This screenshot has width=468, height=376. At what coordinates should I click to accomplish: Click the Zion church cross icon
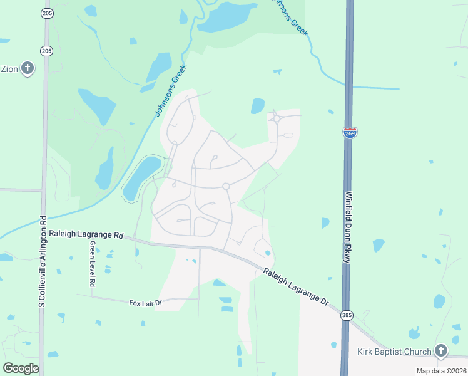tap(27, 68)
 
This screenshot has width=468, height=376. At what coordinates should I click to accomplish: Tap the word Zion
tap(9, 68)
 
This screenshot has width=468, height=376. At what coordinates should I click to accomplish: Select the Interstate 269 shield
tap(350, 133)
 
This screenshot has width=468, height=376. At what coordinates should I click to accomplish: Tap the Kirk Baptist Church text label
tap(394, 352)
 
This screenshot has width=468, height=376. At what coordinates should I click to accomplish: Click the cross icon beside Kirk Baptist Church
tap(441, 351)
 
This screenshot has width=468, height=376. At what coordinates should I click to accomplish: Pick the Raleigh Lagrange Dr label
tap(295, 286)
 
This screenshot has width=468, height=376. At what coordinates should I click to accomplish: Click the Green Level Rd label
tap(92, 263)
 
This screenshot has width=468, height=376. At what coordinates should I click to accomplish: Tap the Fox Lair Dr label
tap(145, 303)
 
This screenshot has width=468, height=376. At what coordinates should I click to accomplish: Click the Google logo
tap(21, 368)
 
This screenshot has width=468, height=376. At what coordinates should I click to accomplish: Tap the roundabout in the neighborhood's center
tap(226, 186)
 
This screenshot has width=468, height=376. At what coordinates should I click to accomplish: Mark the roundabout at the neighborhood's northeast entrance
tap(276, 117)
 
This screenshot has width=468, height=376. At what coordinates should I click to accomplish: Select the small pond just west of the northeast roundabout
tap(257, 106)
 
